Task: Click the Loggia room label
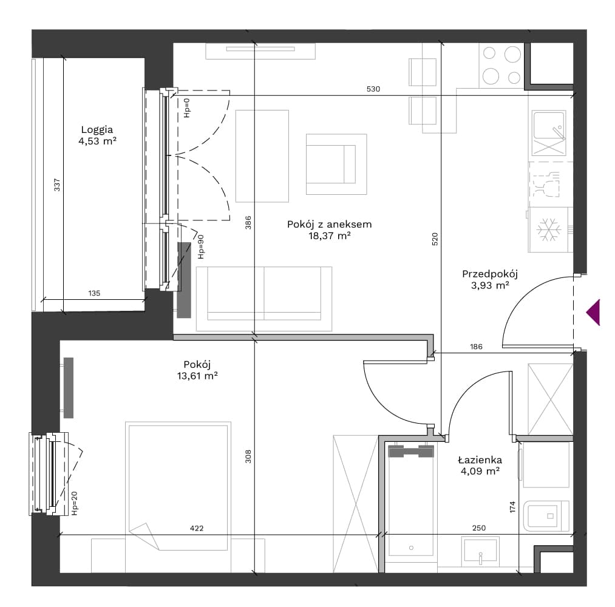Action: click(97, 129)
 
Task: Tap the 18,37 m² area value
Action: click(329, 236)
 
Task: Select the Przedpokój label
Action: click(490, 274)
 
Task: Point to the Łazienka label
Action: click(480, 459)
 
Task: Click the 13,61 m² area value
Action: click(197, 376)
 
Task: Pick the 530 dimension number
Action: click(373, 89)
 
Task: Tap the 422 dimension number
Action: click(197, 528)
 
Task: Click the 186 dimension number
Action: click(476, 347)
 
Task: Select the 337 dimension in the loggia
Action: click(57, 185)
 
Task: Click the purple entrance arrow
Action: click(593, 312)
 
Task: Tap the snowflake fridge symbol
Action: click(549, 229)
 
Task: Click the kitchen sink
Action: click(549, 133)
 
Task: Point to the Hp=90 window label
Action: click(200, 246)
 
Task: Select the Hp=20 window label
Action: click(75, 503)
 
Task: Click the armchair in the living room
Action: click(336, 164)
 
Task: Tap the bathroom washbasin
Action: click(480, 551)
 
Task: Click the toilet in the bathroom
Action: click(546, 516)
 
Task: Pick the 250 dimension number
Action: click(479, 528)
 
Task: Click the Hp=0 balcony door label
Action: click(187, 108)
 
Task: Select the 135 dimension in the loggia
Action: click(94, 293)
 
